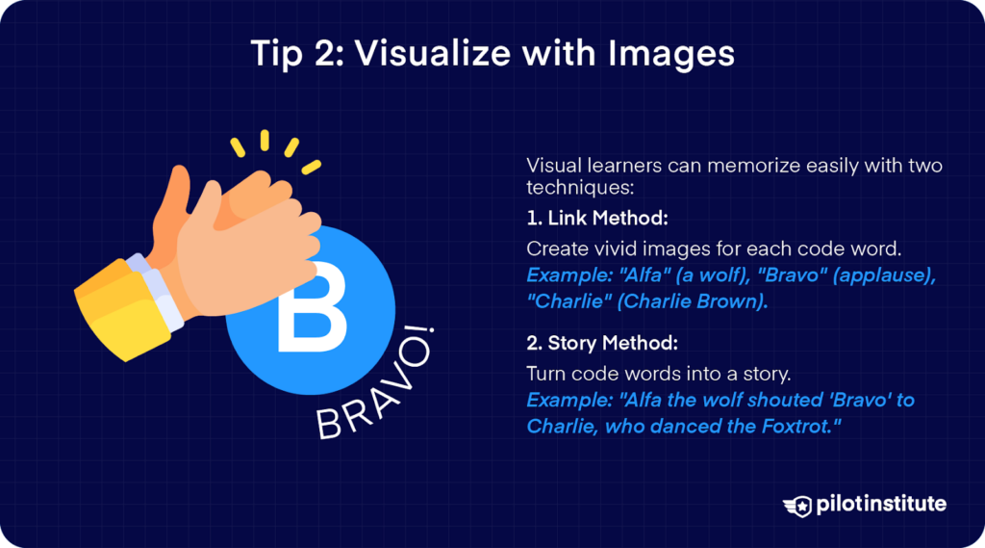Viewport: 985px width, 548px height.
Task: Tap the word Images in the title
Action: click(x=670, y=54)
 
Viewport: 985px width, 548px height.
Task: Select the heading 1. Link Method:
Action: click(x=596, y=219)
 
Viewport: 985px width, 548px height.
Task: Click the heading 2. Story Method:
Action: click(x=602, y=343)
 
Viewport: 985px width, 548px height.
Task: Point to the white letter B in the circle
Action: click(x=312, y=307)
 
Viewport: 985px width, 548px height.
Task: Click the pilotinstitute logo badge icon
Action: click(x=797, y=506)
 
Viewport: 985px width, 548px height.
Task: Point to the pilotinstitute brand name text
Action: click(x=881, y=504)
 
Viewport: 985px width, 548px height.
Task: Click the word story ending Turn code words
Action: click(x=765, y=375)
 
